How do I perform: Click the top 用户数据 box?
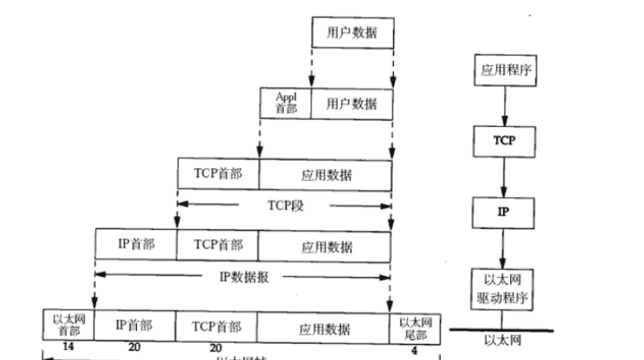pyautogui.click(x=353, y=34)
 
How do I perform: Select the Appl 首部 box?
pyautogui.click(x=285, y=102)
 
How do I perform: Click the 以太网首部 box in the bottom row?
pyautogui.click(x=68, y=325)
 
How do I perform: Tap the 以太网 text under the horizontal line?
pyautogui.click(x=502, y=339)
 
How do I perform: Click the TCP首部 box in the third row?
pyautogui.click(x=219, y=174)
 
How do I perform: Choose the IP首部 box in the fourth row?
pyautogui.click(x=136, y=244)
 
